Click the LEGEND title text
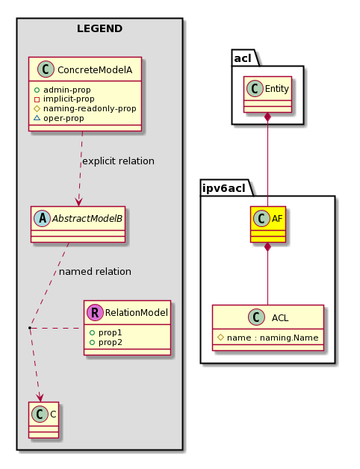pos(99,28)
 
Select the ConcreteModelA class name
pos(95,70)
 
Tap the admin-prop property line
pos(62,90)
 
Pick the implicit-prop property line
pos(64,99)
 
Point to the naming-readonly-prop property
pos(85,108)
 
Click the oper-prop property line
pos(59,118)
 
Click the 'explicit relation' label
pos(118,161)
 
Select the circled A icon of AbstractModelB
pos(42,218)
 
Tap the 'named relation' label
pos(95,272)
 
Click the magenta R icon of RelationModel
pos(95,313)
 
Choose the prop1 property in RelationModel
pos(105,332)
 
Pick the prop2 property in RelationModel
pos(105,342)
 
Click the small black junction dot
pos(30,328)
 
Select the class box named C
pos(43,420)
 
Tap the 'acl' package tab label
pos(243,58)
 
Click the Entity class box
pos(267,95)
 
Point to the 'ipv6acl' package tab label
pos(224,188)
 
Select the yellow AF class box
pos(268,224)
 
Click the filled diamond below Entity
pos(267,117)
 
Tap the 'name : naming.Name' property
pos(268,338)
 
